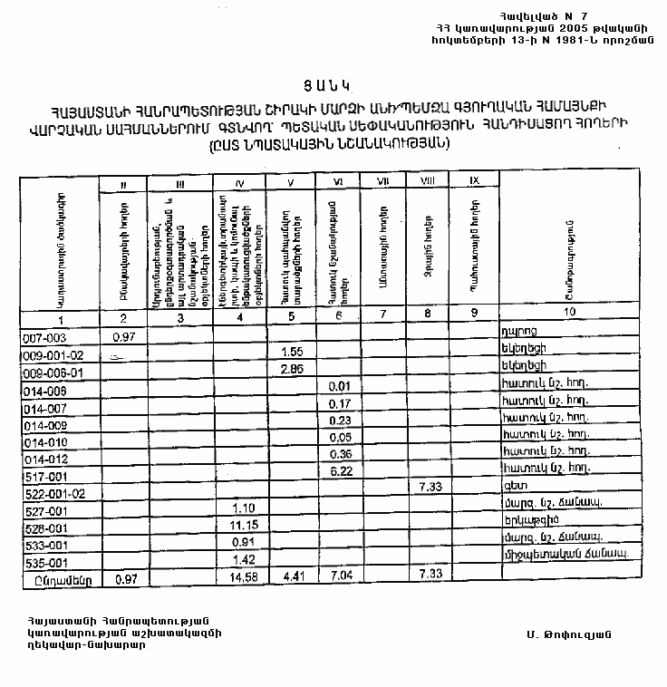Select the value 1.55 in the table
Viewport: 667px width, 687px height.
click(x=292, y=352)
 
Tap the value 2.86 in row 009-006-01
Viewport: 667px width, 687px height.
click(x=292, y=370)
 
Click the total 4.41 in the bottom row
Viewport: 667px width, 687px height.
click(x=292, y=577)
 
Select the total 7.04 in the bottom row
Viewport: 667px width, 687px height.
click(x=341, y=577)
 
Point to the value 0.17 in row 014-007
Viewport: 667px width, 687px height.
click(x=341, y=403)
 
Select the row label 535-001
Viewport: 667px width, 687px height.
click(x=42, y=562)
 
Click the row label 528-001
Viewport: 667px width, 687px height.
click(x=42, y=527)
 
